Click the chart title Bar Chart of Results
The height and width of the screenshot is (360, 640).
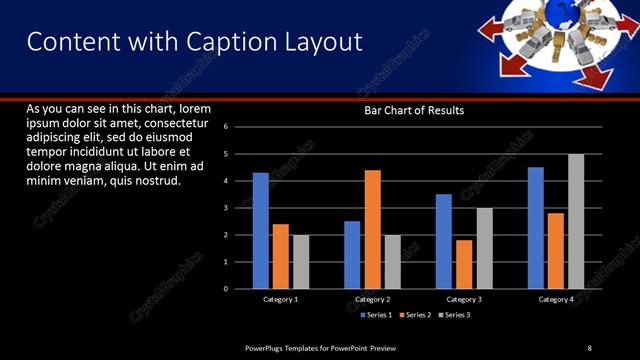click(413, 110)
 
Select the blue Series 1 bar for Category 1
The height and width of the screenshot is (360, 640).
click(260, 230)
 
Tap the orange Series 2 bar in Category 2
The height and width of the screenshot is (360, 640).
click(372, 229)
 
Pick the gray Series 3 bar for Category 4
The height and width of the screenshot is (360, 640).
click(576, 221)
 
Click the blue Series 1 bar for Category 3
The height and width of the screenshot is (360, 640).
click(444, 241)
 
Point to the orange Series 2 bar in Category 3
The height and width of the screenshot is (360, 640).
click(464, 264)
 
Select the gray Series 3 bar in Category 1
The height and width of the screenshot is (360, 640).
click(300, 261)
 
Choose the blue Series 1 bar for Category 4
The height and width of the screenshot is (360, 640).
click(536, 227)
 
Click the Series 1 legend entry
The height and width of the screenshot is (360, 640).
click(375, 315)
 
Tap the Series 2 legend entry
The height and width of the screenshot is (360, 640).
click(414, 315)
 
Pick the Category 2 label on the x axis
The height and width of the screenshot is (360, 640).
click(372, 299)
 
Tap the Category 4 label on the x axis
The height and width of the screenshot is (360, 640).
click(556, 299)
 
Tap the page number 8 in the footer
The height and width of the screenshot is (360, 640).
click(589, 347)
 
